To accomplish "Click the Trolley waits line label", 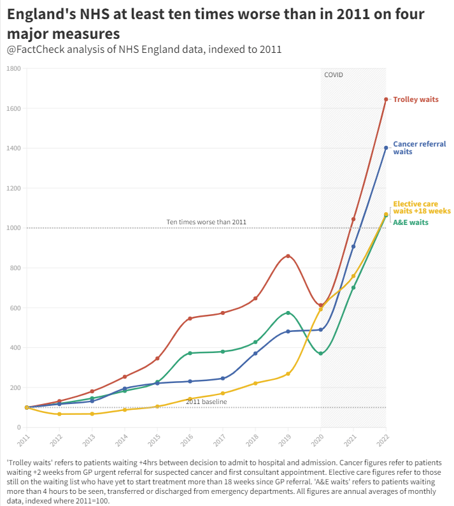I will tap(416, 99).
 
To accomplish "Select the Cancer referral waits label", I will tap(419, 148).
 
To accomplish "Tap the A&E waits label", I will tap(410, 222).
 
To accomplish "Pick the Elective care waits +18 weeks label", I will tap(422, 207).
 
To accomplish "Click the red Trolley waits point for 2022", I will tap(386, 99).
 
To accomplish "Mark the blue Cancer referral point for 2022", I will tap(386, 148).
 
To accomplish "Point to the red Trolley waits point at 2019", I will tap(288, 256).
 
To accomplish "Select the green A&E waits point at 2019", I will tap(288, 313).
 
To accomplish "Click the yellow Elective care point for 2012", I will tap(59, 414).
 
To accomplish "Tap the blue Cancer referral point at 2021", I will tap(353, 247).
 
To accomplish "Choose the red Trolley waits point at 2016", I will tap(190, 318).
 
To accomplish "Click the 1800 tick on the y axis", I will tap(13, 68).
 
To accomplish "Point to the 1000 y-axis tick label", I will tap(13, 228).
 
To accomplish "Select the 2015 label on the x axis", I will tap(155, 440).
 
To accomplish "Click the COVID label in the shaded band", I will tap(333, 75).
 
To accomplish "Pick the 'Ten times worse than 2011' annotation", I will tap(206, 222).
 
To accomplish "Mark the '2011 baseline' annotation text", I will tap(206, 401).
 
